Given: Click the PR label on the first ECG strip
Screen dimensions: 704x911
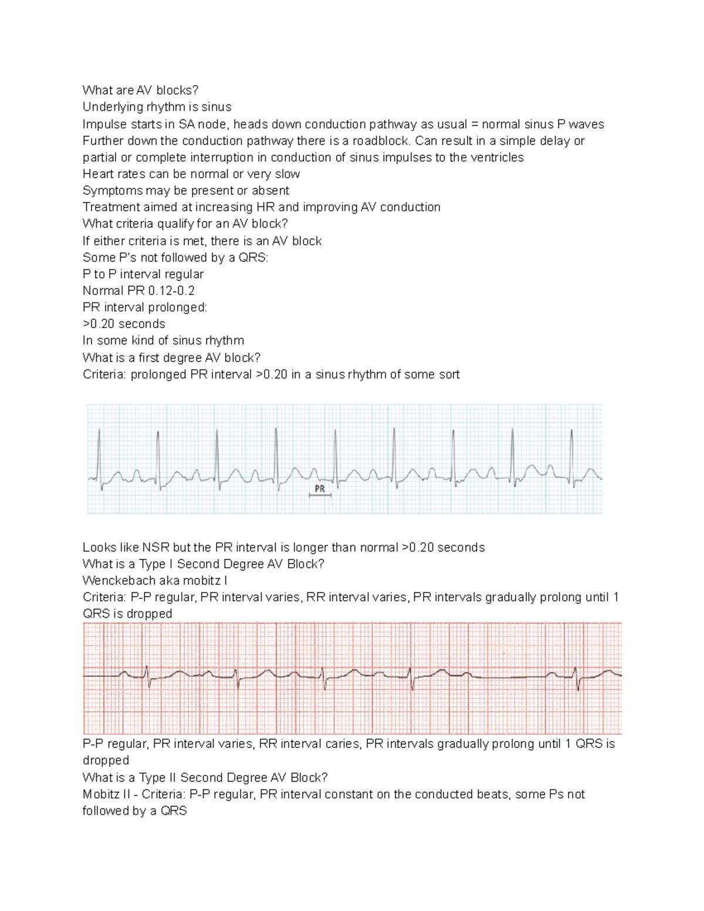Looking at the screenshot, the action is click(x=320, y=488).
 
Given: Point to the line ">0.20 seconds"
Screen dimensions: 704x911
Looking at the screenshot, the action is click(x=124, y=324).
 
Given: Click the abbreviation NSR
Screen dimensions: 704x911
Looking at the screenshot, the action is click(x=155, y=547).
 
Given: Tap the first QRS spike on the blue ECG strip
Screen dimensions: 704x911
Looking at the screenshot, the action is click(x=99, y=452).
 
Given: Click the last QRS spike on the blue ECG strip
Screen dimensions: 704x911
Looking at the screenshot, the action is click(x=572, y=452).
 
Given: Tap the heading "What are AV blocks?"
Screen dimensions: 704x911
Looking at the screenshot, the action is click(x=140, y=90).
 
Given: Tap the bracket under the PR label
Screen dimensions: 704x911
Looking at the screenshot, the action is click(x=320, y=496).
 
